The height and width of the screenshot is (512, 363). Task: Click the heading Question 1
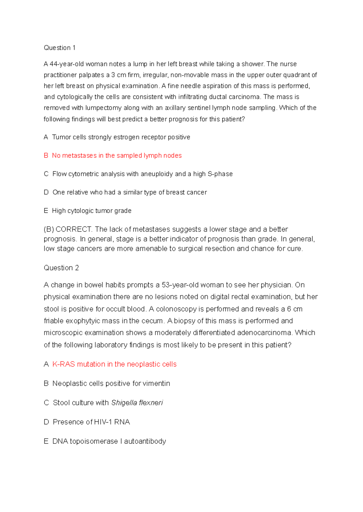tap(60, 48)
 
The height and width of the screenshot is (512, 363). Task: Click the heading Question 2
tap(61, 268)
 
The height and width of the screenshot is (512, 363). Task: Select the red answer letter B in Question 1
tap(46, 156)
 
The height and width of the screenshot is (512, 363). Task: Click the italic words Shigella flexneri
tap(137, 403)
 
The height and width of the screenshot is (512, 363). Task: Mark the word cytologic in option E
tap(80, 211)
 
